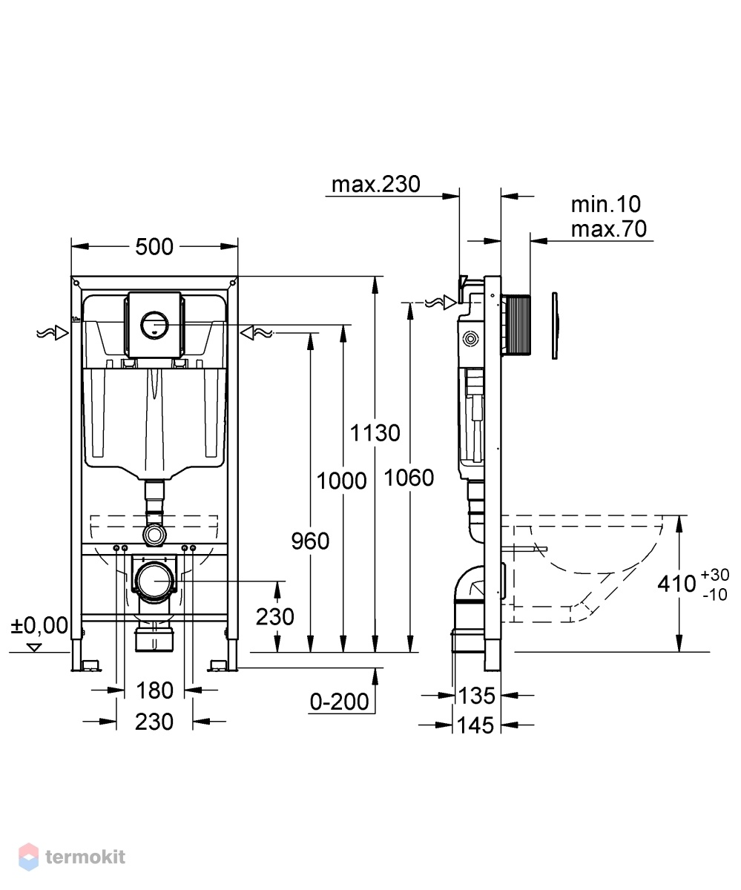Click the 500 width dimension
[x=154, y=247]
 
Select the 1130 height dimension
[x=375, y=433]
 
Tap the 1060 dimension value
[x=409, y=478]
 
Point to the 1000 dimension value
[x=341, y=481]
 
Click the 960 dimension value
[x=310, y=541]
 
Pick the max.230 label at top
[x=375, y=184]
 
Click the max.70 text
[x=608, y=229]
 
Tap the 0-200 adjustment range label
[x=339, y=701]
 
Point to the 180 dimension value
[x=154, y=690]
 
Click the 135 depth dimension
[x=476, y=696]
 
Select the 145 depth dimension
[x=475, y=725]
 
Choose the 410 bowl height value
[x=676, y=584]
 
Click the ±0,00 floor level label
[x=39, y=626]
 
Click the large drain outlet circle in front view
[x=155, y=581]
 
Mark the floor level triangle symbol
[x=34, y=647]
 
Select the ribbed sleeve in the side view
[x=516, y=325]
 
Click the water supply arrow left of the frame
[x=53, y=333]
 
